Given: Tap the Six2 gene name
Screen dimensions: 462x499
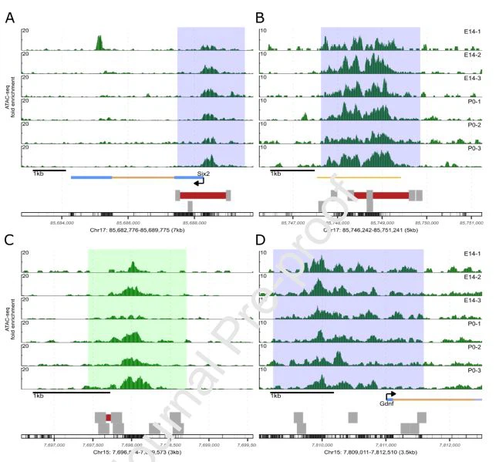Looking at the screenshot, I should [x=204, y=174].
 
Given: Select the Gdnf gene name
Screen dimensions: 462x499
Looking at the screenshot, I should [x=387, y=402].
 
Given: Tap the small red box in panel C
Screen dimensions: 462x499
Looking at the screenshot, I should [x=109, y=417].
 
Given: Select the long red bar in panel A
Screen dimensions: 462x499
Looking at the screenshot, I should [x=203, y=195].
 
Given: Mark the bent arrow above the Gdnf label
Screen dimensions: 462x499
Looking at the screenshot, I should [x=390, y=393].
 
